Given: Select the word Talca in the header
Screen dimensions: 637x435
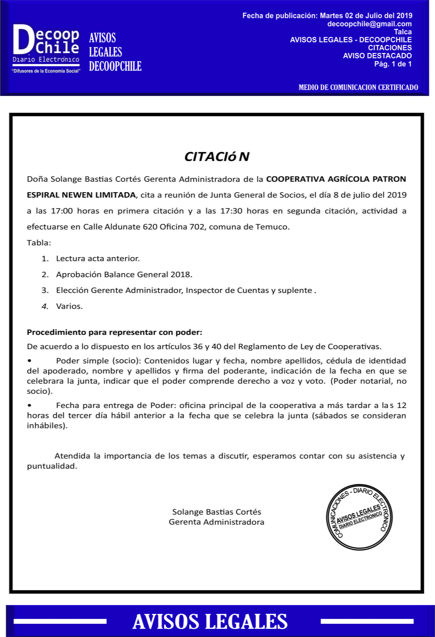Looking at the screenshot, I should [403, 32].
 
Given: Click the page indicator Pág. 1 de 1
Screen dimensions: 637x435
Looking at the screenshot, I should [393, 64].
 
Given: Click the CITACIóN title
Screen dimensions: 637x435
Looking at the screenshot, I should [217, 157].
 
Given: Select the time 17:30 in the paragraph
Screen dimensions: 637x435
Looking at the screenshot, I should [231, 211].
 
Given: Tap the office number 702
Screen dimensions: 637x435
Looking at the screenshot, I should [197, 227].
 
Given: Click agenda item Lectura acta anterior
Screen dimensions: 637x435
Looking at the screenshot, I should [98, 258].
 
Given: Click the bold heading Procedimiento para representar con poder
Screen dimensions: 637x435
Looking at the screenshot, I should [114, 332].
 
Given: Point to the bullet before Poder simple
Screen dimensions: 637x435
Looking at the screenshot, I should [29, 361].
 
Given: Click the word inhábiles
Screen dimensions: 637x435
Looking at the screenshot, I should [47, 426].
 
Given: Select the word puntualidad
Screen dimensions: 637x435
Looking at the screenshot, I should [52, 466].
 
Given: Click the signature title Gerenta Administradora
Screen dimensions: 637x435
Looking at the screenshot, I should [216, 522].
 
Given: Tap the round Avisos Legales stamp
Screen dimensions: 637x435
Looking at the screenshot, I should [359, 517].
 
